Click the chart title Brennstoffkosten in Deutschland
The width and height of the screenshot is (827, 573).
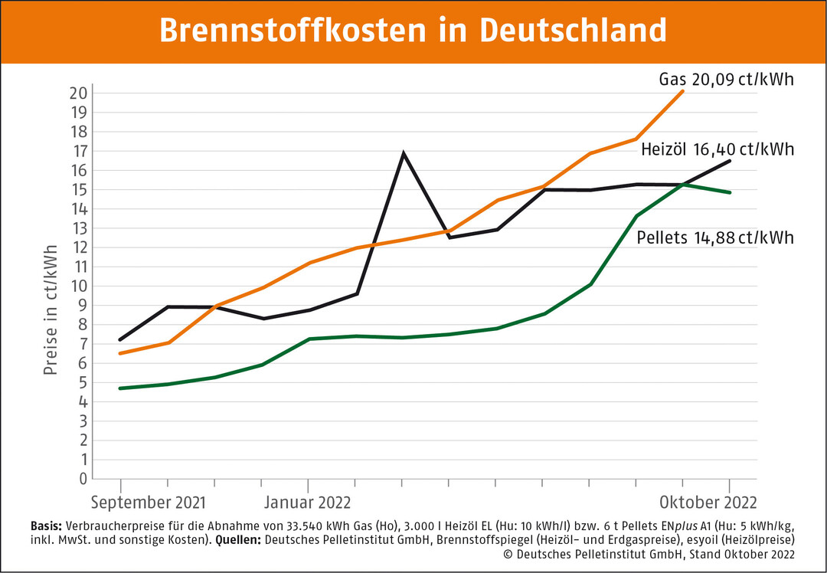[x=413, y=31]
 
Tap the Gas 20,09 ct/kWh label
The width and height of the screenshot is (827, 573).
[x=726, y=80]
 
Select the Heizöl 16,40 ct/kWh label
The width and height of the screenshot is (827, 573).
[x=717, y=149]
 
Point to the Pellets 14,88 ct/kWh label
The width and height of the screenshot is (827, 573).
[x=715, y=238]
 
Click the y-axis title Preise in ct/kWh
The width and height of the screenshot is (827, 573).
[x=51, y=309]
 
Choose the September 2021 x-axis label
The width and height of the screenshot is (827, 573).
[x=149, y=503]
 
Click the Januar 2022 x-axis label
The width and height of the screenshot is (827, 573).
[x=307, y=503]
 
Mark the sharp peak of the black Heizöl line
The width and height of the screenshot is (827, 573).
[x=403, y=153]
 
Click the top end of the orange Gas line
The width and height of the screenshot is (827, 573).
[x=682, y=91]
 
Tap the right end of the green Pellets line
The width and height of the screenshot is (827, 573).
[x=730, y=192]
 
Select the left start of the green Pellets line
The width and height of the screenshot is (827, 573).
[x=121, y=388]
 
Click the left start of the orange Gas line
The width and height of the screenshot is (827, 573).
[x=121, y=353]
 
